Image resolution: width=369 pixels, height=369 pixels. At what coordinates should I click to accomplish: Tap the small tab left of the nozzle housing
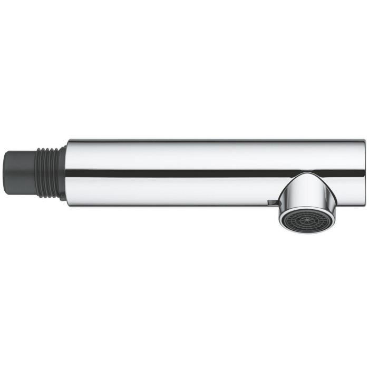coord(270,203)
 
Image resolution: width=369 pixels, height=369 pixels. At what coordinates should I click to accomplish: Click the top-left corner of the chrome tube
coord(69,141)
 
